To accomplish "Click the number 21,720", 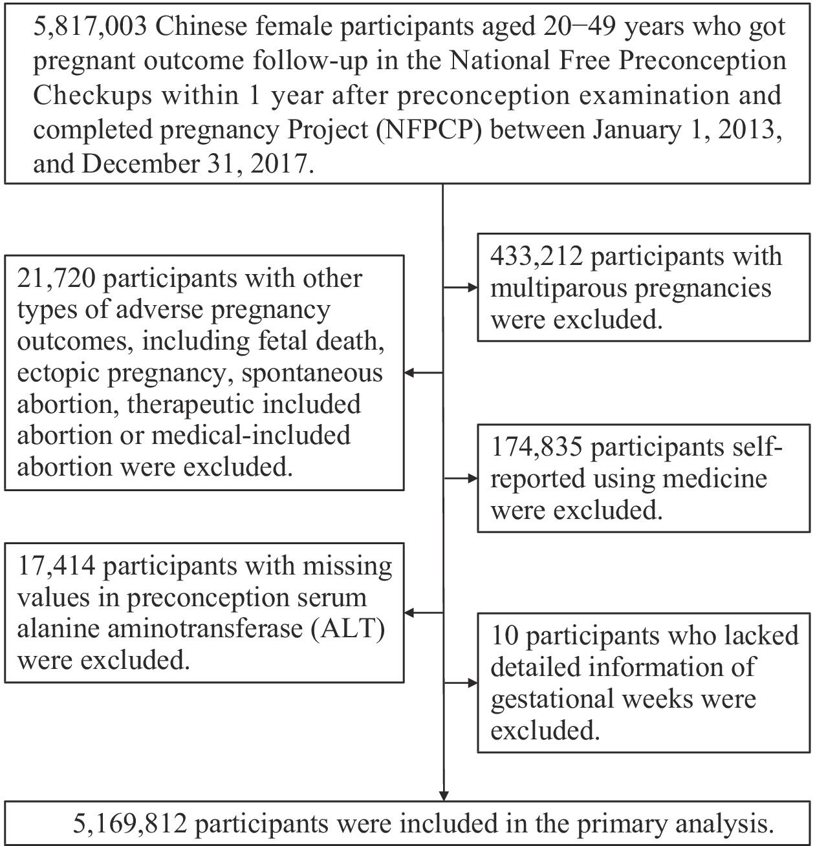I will point(56,278).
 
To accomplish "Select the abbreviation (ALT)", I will point(349,628).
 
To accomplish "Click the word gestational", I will point(550,699).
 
